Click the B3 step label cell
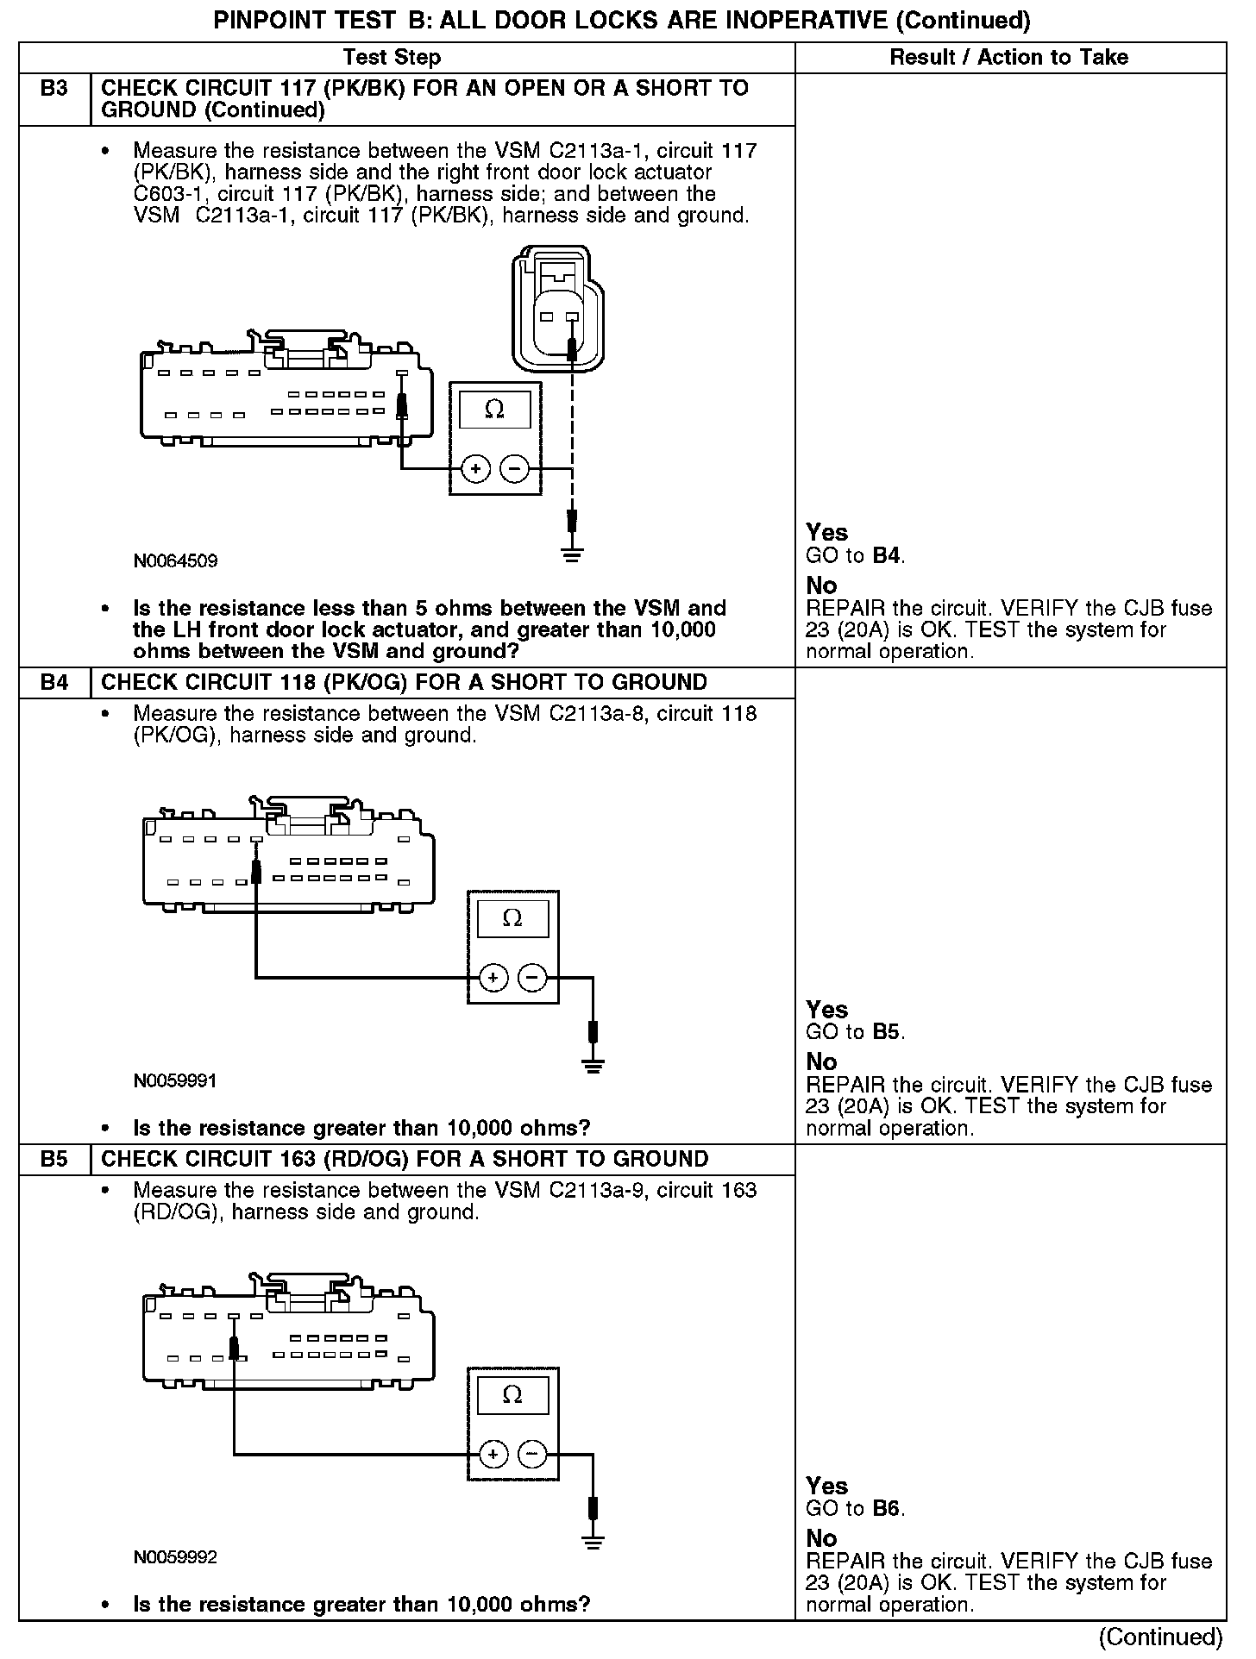coord(54,89)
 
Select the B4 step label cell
coord(54,683)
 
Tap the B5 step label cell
coord(54,1160)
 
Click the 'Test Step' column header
coord(392,58)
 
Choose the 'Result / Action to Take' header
coord(1008,58)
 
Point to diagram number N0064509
coord(175,561)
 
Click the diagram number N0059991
coord(175,1081)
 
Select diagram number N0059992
coord(175,1557)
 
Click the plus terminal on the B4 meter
coord(493,978)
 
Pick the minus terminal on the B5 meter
coord(531,1455)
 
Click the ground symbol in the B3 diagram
coord(571,554)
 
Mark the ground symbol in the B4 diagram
coord(593,1066)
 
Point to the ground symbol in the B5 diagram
coord(593,1543)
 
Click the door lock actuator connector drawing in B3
coord(557,307)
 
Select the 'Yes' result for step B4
coord(826,1010)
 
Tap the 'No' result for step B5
coord(821,1538)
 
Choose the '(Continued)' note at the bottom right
coord(1161,1637)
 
